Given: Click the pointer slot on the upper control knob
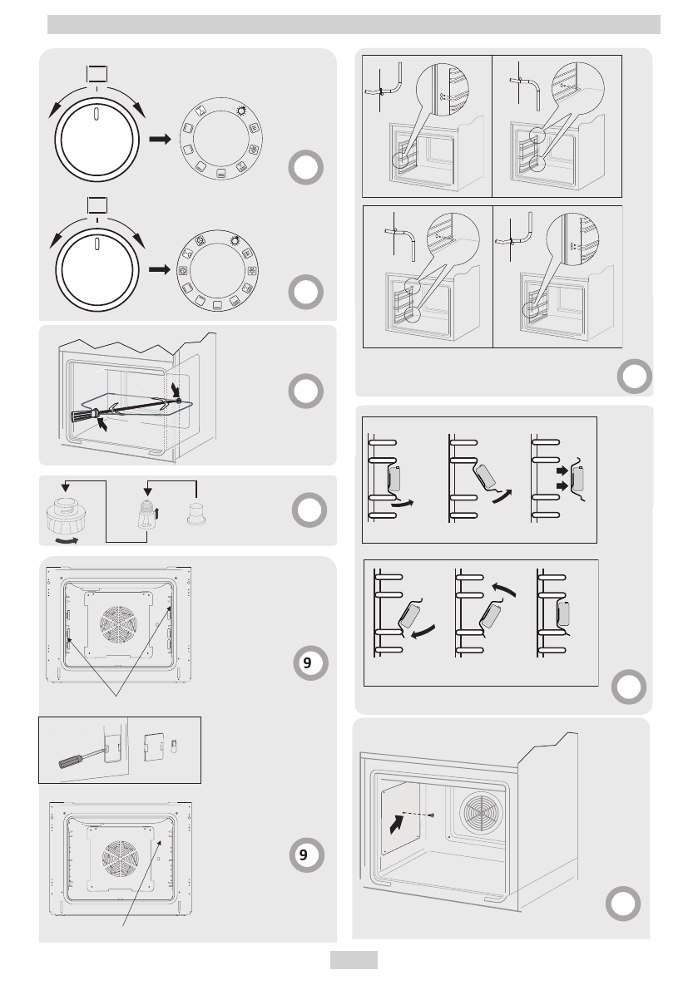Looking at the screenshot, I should click(x=97, y=114).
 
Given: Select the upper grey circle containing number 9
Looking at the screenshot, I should click(x=308, y=663).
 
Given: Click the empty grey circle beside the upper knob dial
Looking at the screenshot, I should click(x=307, y=169).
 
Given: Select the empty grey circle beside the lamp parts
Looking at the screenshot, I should click(x=308, y=509).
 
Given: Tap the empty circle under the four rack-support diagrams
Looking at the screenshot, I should click(x=634, y=377).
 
